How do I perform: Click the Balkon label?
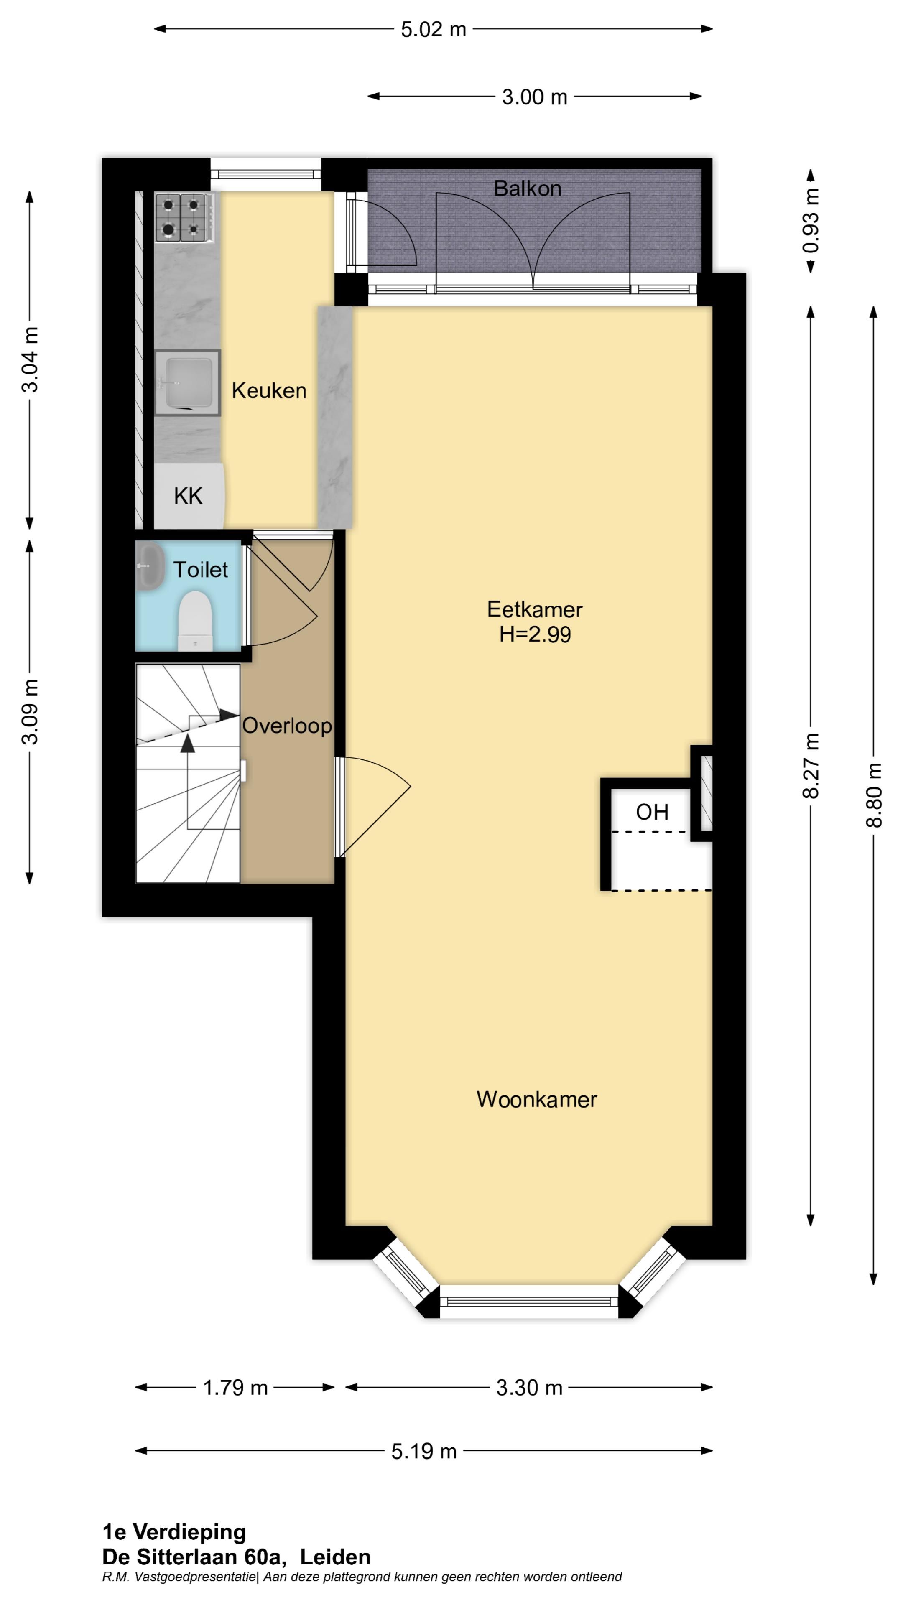527,188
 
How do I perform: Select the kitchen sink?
186,382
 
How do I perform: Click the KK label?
188,497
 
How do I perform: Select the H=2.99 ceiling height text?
535,634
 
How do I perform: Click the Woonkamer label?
536,1099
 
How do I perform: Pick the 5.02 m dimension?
433,29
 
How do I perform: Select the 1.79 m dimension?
235,1388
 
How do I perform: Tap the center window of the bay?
529,1302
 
